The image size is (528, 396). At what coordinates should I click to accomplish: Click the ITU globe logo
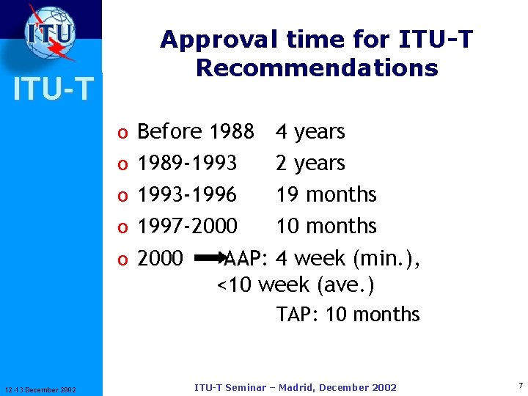(x=51, y=33)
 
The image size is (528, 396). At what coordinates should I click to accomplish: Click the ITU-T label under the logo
(x=51, y=89)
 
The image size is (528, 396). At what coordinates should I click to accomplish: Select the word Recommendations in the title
(x=317, y=68)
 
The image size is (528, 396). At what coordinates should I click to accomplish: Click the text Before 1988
(x=196, y=132)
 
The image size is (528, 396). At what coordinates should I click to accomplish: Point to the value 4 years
(x=310, y=132)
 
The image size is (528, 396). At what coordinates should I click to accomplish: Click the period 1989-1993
(x=187, y=163)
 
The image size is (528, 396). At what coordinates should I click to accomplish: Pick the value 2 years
(x=310, y=163)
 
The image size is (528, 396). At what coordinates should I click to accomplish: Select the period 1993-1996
(x=187, y=194)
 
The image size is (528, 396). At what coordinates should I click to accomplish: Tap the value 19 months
(x=326, y=194)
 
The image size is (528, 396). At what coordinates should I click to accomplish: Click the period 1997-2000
(x=187, y=226)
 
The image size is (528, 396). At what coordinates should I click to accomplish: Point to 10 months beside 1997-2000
(x=326, y=226)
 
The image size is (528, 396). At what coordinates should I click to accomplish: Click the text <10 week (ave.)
(x=296, y=285)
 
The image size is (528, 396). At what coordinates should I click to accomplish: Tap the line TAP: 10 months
(x=348, y=315)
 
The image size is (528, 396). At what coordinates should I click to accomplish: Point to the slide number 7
(x=520, y=386)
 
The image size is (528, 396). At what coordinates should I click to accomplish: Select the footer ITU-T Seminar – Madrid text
(x=296, y=387)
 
